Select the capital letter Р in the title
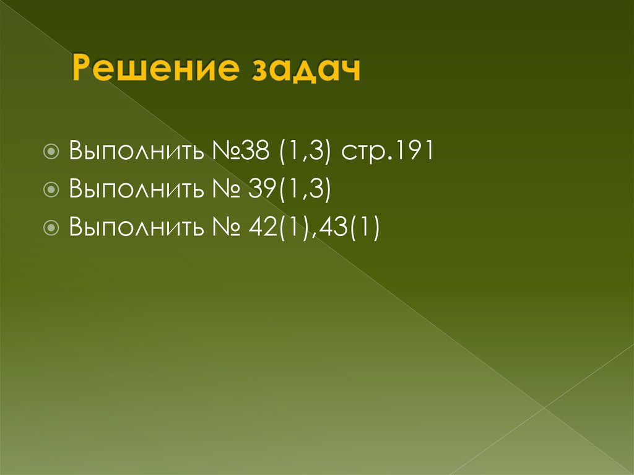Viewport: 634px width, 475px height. tap(82, 69)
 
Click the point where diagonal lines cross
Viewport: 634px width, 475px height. tap(544, 407)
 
